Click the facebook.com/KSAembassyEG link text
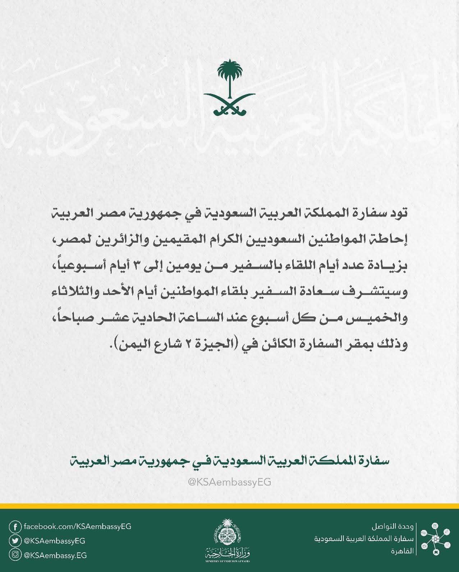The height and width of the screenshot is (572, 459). [77, 527]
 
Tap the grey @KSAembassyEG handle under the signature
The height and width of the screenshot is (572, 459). [230, 482]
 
